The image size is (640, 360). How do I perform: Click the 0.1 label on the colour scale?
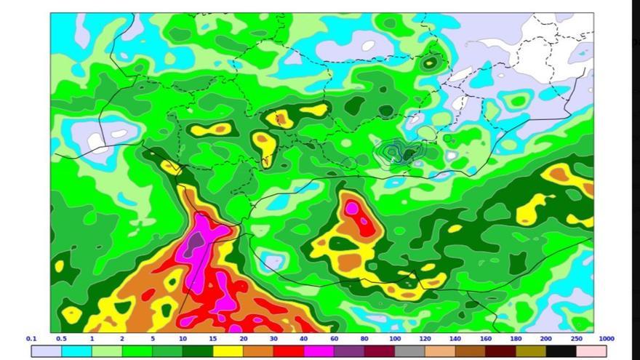(x=31, y=339)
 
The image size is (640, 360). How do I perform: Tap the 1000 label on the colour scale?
(x=607, y=339)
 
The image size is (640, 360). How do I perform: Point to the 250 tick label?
(x=577, y=339)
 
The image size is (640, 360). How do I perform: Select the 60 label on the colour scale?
(x=334, y=339)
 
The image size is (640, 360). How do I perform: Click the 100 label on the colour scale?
(x=394, y=339)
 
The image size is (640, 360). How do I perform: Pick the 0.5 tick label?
(x=62, y=339)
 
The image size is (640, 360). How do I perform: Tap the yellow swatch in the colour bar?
(x=228, y=351)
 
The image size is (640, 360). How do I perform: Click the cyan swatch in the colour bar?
(x=76, y=351)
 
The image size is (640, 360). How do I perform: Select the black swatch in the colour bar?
(x=561, y=351)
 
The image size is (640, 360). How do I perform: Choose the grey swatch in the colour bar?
(x=409, y=351)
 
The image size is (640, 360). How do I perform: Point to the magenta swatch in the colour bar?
(x=319, y=351)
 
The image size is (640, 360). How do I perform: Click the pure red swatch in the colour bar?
(x=288, y=351)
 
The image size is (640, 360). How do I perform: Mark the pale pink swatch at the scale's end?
(x=591, y=351)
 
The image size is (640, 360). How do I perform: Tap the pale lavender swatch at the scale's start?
(x=46, y=351)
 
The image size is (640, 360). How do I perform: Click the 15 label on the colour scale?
(x=212, y=339)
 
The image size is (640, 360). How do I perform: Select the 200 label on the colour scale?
(x=546, y=339)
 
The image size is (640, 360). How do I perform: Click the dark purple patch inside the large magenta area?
(x=193, y=244)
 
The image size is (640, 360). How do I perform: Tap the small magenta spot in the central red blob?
(x=352, y=208)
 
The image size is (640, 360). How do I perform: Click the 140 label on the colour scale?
(x=455, y=339)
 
